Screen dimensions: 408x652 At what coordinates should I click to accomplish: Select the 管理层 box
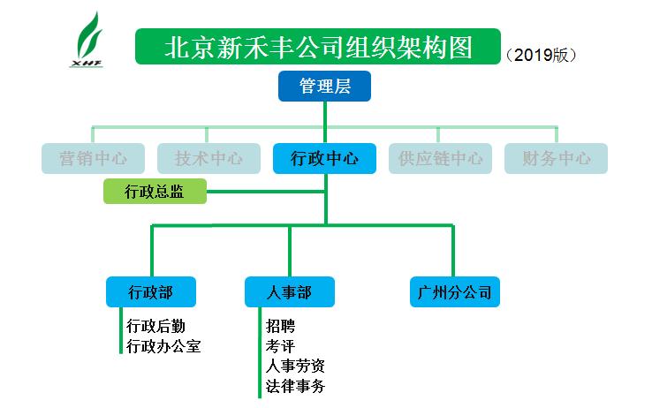324,86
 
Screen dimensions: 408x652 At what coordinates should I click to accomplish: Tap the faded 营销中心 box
94,159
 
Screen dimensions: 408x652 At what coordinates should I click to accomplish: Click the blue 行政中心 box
325,159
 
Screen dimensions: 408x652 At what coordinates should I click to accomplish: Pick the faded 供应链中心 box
440,159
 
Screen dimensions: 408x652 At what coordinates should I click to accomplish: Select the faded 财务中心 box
557,159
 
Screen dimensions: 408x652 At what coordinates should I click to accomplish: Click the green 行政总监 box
155,191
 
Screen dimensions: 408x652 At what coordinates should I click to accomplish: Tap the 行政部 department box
150,291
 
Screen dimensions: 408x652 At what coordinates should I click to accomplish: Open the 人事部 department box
289,291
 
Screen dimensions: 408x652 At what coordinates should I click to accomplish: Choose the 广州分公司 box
455,291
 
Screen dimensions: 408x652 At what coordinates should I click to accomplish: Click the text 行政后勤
156,326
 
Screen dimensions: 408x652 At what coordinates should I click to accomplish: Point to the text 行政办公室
163,346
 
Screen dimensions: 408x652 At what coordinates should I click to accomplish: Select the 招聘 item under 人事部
280,326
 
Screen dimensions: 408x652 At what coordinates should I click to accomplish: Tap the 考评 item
280,346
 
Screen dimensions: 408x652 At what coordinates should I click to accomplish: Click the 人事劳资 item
294,366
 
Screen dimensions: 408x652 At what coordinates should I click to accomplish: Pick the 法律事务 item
294,386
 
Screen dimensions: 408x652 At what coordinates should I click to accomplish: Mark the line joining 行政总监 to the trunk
265,191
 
